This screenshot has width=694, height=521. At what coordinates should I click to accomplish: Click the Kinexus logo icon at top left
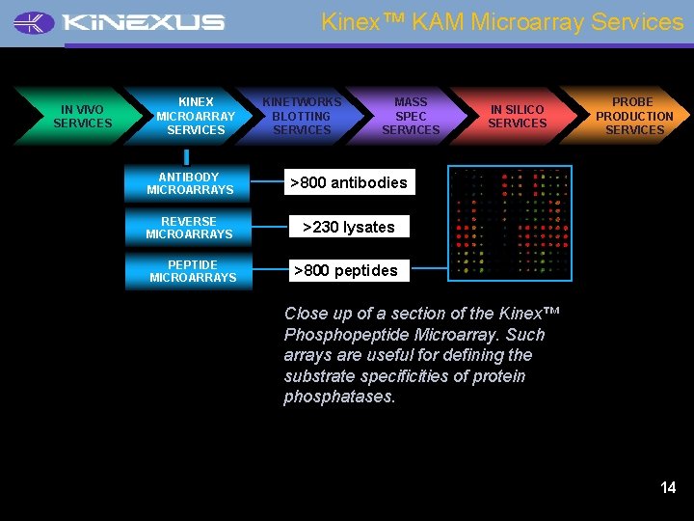tap(35, 22)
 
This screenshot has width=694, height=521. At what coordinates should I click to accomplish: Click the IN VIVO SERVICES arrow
tap(82, 117)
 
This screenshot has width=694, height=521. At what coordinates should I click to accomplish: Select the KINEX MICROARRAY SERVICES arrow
tap(196, 116)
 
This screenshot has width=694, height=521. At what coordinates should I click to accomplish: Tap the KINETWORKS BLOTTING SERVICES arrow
tap(302, 116)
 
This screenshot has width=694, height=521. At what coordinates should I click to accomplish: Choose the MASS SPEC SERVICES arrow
tap(411, 116)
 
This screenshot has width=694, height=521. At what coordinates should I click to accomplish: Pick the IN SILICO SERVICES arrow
tap(517, 117)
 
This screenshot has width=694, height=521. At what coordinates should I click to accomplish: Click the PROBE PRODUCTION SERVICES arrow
tap(633, 116)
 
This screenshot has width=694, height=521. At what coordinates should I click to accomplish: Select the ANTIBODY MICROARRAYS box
tap(190, 183)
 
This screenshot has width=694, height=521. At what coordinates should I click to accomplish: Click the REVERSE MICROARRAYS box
tap(189, 228)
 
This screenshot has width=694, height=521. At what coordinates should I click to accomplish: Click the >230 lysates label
tap(348, 228)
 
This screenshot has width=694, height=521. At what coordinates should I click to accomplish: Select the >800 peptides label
tap(345, 271)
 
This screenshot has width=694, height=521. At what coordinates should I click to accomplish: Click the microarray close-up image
tap(510, 223)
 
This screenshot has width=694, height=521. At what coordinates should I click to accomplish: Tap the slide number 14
tap(668, 488)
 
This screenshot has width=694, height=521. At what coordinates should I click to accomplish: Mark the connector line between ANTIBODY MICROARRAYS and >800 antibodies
tap(267, 182)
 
